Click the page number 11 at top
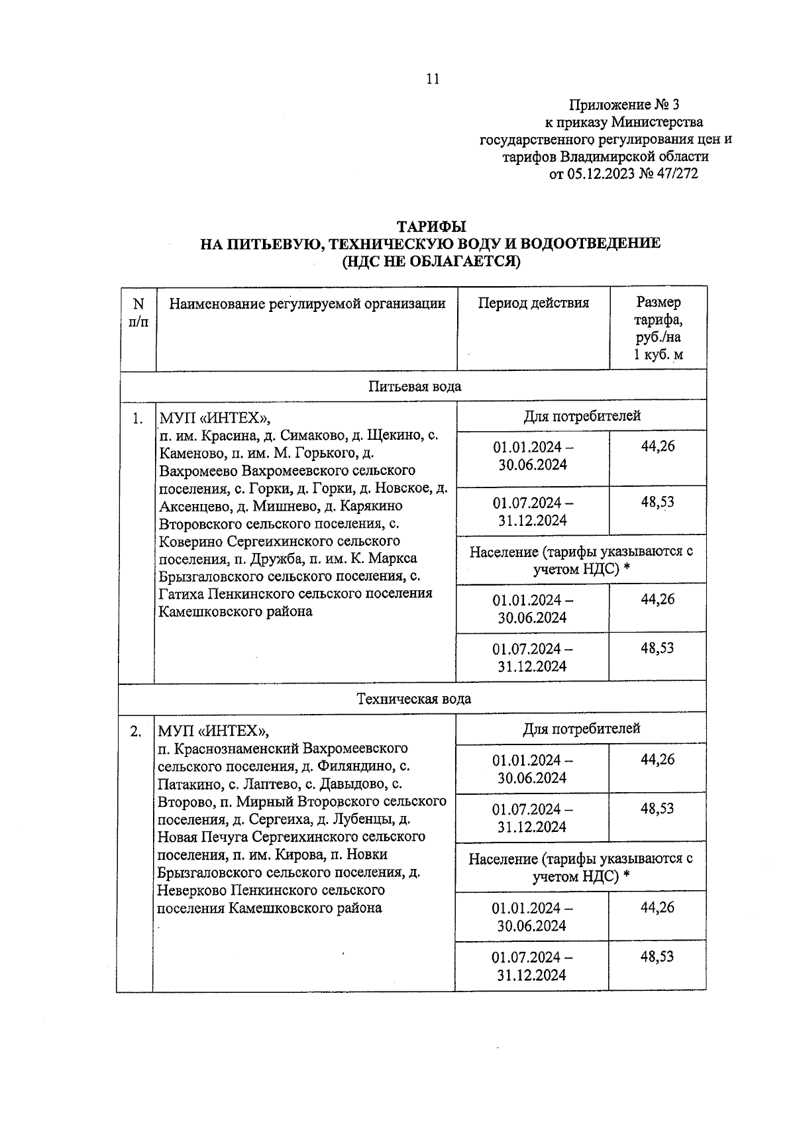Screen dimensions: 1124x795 432,79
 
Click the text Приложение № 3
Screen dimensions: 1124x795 623,105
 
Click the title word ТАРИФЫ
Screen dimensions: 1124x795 431,227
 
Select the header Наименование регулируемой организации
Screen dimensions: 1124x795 307,303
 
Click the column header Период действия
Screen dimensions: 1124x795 533,303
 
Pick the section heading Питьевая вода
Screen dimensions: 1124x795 415,386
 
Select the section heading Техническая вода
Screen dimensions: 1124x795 414,699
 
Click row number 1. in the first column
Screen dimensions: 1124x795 137,418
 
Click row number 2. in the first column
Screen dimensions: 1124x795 136,731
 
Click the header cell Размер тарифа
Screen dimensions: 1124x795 658,329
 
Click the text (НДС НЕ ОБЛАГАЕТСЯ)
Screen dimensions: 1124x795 431,261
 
